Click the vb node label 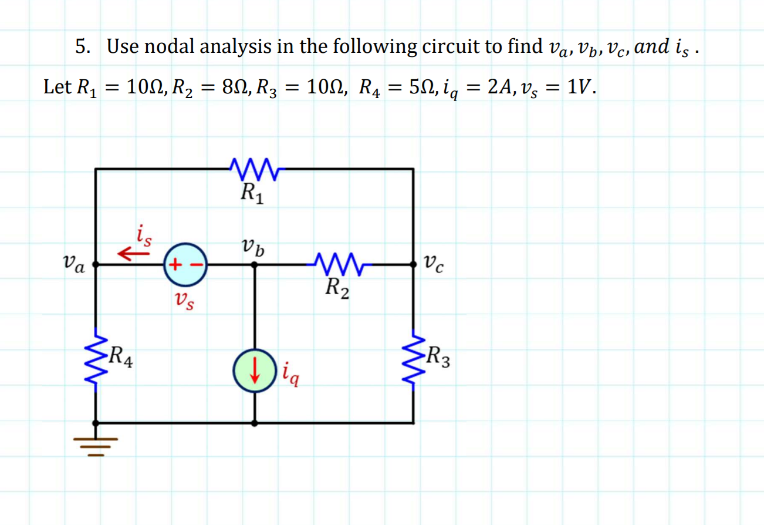252,246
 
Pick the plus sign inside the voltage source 174,265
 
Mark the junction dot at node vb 254,265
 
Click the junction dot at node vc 414,265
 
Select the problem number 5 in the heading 82,46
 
